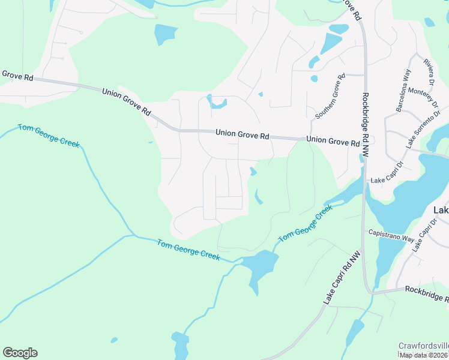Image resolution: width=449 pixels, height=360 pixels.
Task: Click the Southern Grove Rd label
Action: [329, 95]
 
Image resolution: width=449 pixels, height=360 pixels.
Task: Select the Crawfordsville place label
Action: [423, 346]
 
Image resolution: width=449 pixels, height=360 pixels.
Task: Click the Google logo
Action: [20, 353]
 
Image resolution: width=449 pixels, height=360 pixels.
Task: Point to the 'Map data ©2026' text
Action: [424, 355]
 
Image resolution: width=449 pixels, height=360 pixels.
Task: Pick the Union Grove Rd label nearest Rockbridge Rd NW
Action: [333, 142]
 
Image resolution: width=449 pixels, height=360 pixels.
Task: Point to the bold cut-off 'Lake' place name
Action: [441, 210]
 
